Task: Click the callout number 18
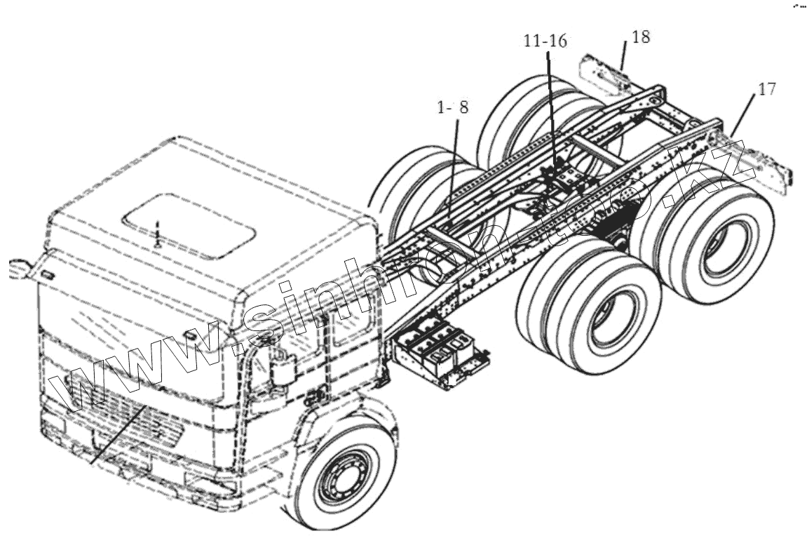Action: click(x=640, y=36)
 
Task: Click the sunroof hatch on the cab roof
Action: click(x=187, y=223)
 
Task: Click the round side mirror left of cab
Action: click(x=19, y=269)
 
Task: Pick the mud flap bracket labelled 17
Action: click(x=764, y=166)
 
